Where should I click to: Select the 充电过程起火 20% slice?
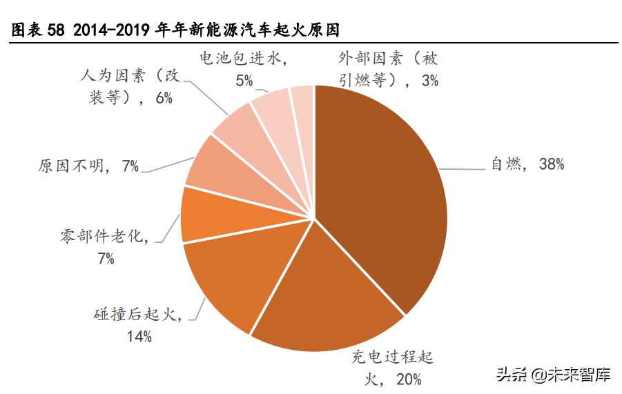click(324, 304)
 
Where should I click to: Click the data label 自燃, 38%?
click(527, 164)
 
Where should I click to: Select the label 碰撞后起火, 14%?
click(138, 326)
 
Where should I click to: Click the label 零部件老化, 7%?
click(105, 247)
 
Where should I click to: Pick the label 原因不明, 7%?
click(89, 166)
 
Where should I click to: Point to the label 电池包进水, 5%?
click(243, 70)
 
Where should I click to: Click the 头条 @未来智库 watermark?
click(552, 375)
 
